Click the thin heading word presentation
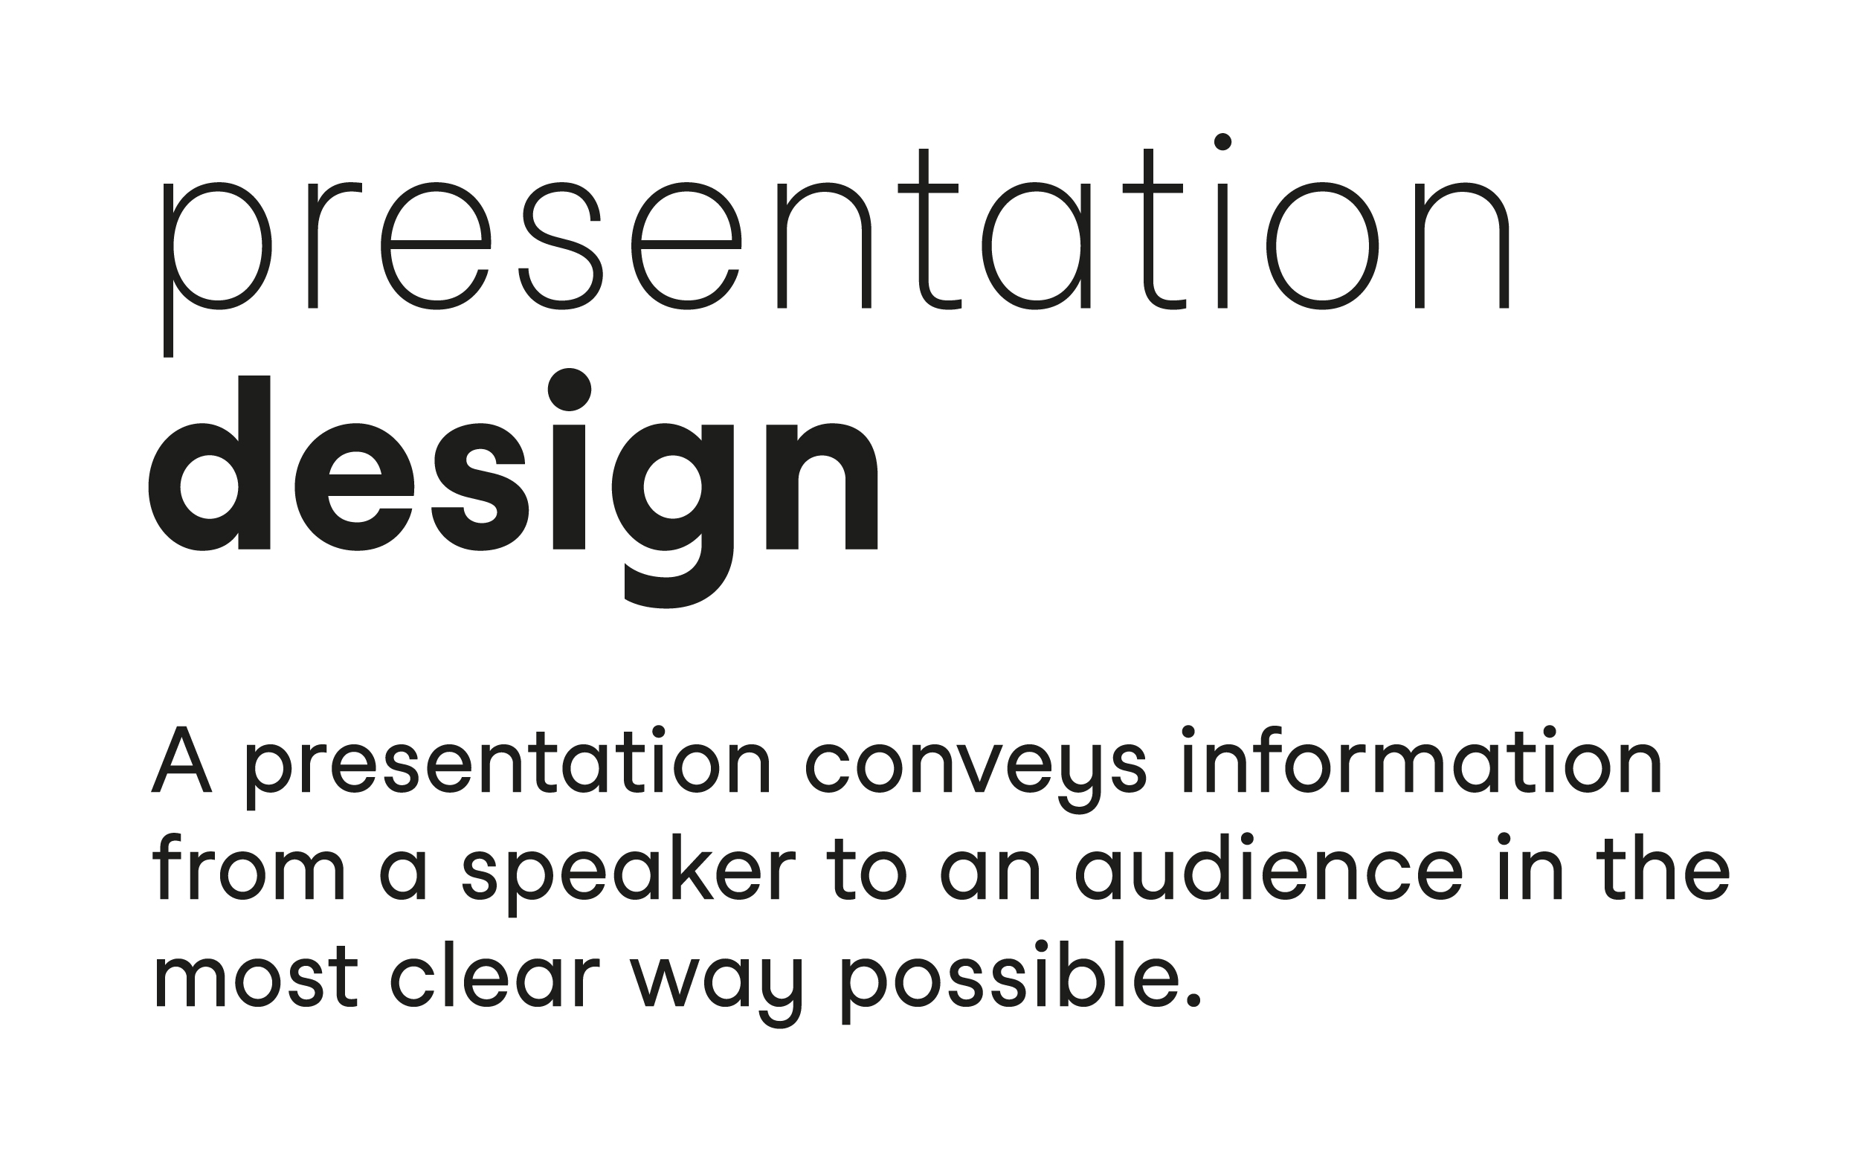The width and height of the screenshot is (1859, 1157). pos(837,245)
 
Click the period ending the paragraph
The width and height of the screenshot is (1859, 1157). pos(1192,999)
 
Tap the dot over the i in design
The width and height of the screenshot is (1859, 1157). pos(569,390)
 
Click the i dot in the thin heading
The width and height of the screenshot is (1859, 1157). pos(1222,141)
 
